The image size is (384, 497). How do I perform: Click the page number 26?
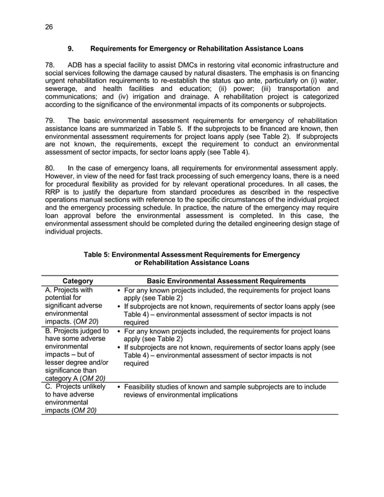point(49,26)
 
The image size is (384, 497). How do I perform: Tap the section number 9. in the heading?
point(70,48)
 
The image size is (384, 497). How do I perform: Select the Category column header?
point(78,280)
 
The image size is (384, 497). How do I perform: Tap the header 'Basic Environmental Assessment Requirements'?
point(226,280)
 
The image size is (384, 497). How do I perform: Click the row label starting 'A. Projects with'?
point(69,289)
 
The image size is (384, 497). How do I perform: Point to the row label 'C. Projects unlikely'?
point(75,386)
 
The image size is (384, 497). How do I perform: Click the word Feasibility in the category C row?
point(143,386)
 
